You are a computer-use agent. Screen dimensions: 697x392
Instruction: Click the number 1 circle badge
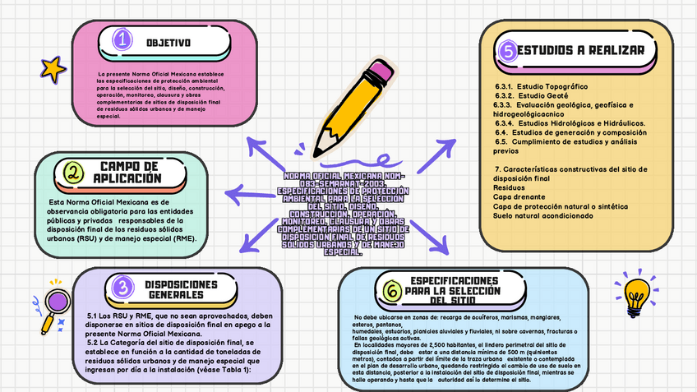coord(122,40)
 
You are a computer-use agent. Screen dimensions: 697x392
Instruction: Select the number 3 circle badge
coord(122,287)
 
